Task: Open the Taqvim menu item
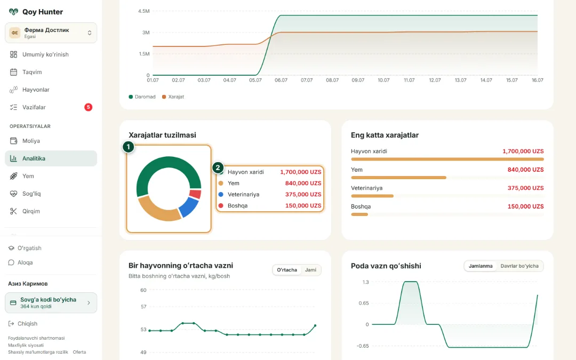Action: click(32, 72)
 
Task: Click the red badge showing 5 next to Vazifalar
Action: click(88, 107)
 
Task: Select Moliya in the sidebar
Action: click(31, 141)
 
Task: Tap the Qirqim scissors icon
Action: click(13, 211)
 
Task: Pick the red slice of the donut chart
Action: click(195, 194)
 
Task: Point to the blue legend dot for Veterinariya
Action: click(221, 194)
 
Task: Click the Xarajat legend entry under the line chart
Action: click(173, 97)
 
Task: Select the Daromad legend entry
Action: click(142, 97)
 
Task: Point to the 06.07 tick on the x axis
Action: click(281, 80)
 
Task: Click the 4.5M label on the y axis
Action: click(143, 11)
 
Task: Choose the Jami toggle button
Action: click(310, 270)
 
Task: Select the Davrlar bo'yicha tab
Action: click(519, 266)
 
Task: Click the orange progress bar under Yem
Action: click(398, 178)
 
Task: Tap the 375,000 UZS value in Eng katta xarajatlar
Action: click(526, 188)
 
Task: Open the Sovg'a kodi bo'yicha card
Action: click(51, 303)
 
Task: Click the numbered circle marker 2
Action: click(218, 168)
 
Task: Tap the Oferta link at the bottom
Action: click(79, 352)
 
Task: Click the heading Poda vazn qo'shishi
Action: click(386, 266)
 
